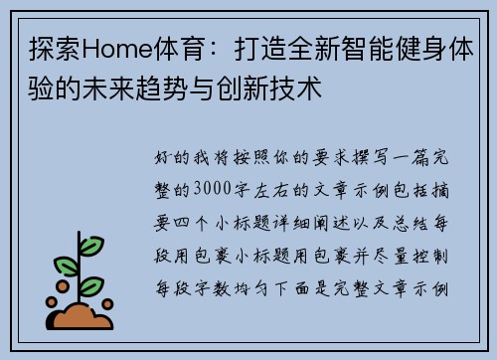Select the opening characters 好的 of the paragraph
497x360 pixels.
coord(169,158)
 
